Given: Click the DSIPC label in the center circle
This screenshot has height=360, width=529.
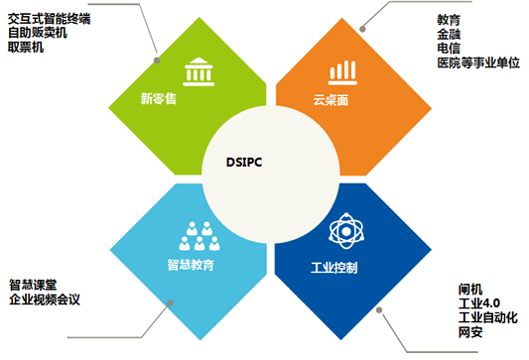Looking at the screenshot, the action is point(244,162).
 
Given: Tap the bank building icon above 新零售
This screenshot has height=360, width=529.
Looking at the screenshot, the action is point(198,71).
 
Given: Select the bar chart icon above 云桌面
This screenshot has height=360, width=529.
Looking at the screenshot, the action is point(342,72).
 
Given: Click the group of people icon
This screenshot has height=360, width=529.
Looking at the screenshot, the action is point(199,236).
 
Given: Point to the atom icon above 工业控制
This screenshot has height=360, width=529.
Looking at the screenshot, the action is point(346,231).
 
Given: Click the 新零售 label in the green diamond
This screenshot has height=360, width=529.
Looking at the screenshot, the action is point(158,99).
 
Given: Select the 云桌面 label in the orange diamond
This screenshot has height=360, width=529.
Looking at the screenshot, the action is point(331,100).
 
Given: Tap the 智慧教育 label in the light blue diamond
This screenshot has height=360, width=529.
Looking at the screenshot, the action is point(191,265).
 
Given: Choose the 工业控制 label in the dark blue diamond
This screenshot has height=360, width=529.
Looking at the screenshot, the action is point(334,268).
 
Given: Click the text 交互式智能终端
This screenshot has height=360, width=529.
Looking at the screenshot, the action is point(50,19).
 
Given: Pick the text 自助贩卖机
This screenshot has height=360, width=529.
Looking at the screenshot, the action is point(38,33).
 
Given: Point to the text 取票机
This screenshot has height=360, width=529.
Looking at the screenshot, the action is point(26,47).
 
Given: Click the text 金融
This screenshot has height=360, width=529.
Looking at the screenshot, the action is point(449,34).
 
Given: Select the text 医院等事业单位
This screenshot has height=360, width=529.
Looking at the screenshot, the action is point(478,62).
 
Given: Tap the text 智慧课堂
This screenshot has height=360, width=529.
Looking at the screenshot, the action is point(33,286).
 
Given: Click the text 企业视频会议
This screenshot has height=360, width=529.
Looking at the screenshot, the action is point(45,300).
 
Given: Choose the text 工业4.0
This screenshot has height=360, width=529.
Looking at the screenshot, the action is point(479,303).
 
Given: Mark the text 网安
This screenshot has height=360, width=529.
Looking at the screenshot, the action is point(470,332).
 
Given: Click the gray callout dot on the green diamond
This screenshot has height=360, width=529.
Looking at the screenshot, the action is point(157,60).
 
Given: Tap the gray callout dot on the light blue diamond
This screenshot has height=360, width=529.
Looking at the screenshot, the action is point(170,303).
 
